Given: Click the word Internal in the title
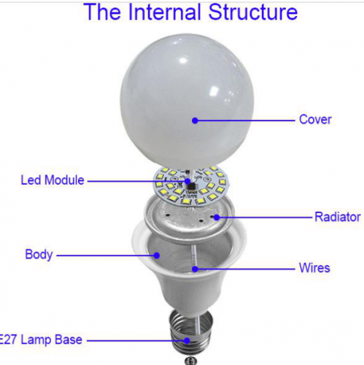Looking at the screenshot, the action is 165,12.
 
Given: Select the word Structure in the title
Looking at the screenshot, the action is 253,12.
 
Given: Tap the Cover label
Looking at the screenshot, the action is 315,120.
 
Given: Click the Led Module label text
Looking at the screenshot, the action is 53,180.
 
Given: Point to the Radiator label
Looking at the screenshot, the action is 338,217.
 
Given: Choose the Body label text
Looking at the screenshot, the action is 39,255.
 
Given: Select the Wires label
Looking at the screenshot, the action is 314,268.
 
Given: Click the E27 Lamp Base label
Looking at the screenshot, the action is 40,339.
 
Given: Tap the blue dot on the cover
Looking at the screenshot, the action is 195,120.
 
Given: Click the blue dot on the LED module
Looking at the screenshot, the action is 187,181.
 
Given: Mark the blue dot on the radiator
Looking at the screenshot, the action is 217,218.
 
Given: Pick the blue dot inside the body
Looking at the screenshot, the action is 157,255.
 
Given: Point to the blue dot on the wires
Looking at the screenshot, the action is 195,269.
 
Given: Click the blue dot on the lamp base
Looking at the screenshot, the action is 187,340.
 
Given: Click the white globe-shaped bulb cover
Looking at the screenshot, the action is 187,102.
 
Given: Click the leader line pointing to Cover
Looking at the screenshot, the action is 245,120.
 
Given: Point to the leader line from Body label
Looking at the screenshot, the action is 107,255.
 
